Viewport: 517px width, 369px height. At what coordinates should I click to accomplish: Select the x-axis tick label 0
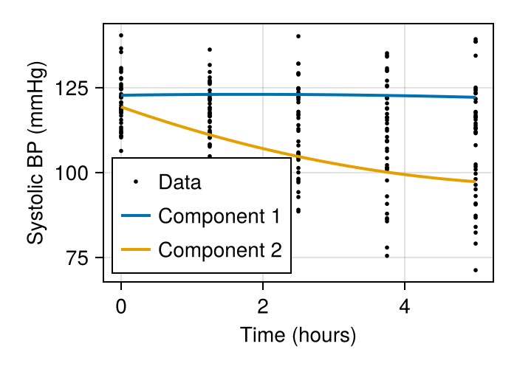point(121,306)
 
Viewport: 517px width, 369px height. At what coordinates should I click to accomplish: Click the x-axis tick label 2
point(263,306)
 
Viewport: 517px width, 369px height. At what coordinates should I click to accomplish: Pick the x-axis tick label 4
point(405,306)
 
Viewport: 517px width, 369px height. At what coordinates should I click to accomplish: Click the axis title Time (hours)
point(298,336)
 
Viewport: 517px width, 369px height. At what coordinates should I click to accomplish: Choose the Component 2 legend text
point(219,250)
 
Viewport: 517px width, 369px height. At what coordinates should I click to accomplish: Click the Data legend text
point(179,182)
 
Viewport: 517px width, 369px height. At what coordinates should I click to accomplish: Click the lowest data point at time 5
point(476,270)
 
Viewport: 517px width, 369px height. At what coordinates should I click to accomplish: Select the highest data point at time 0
point(121,35)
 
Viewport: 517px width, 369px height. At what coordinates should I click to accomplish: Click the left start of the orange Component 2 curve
point(121,108)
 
